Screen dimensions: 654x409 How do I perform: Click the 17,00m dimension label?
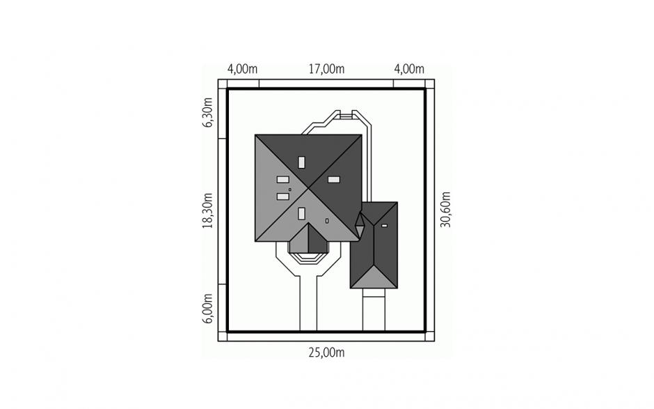[x=326, y=68]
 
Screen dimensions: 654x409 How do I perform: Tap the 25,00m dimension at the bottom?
[x=326, y=353]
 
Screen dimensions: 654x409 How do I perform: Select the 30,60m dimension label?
[x=446, y=209]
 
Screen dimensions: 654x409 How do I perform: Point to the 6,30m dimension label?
[x=207, y=112]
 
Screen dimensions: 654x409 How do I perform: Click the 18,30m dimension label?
[x=207, y=210]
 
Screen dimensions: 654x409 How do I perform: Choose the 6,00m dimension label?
[x=207, y=308]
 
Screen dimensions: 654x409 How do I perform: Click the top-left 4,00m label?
[x=242, y=68]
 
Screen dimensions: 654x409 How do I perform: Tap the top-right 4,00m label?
[x=409, y=68]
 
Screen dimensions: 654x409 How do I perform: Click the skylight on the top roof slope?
[x=301, y=162]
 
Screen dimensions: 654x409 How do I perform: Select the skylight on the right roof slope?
[x=334, y=180]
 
